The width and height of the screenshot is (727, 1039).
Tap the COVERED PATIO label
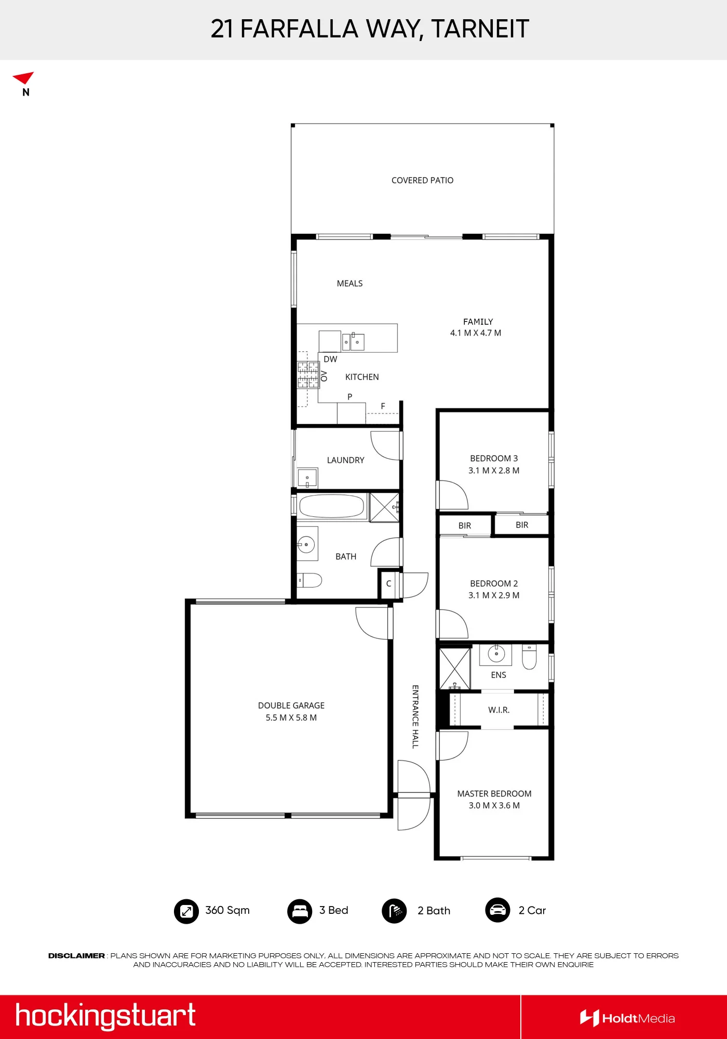tap(422, 180)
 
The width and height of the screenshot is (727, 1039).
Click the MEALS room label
tap(349, 284)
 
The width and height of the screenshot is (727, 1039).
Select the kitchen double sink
tap(353, 342)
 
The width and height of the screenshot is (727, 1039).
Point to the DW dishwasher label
tap(330, 359)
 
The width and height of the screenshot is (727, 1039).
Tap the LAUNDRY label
tap(345, 460)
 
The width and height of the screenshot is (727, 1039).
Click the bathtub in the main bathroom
tap(332, 506)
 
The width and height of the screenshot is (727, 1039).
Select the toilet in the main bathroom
tap(309, 580)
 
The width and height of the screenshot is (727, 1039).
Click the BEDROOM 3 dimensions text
tap(493, 471)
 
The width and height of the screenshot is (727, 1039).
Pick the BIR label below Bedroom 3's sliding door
tap(522, 525)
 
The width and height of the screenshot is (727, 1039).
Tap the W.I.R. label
tap(499, 710)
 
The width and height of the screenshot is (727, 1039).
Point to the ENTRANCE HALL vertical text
tap(415, 716)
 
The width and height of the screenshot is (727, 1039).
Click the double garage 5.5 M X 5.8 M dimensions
tap(291, 718)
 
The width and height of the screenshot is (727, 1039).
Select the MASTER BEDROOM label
tap(494, 794)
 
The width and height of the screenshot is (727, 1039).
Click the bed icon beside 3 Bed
tap(300, 911)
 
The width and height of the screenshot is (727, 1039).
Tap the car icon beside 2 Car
tap(497, 910)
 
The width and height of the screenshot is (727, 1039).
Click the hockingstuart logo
tap(105, 1016)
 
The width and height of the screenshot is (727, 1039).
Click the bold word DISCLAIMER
tap(76, 956)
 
